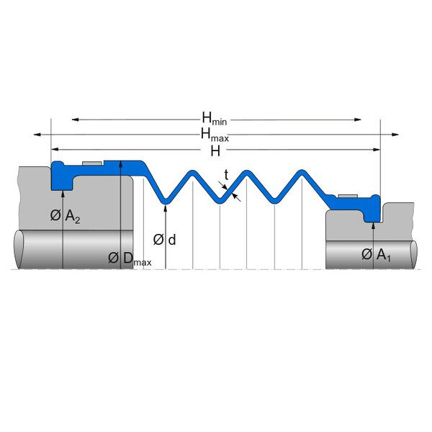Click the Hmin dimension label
(214, 117)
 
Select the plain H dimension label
(215, 150)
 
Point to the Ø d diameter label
(165, 239)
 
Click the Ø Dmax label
(130, 258)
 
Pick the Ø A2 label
(64, 216)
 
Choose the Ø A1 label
(375, 254)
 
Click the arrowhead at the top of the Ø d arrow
(166, 207)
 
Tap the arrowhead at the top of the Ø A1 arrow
(374, 225)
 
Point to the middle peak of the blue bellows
(247, 174)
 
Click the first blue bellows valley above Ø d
(166, 199)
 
